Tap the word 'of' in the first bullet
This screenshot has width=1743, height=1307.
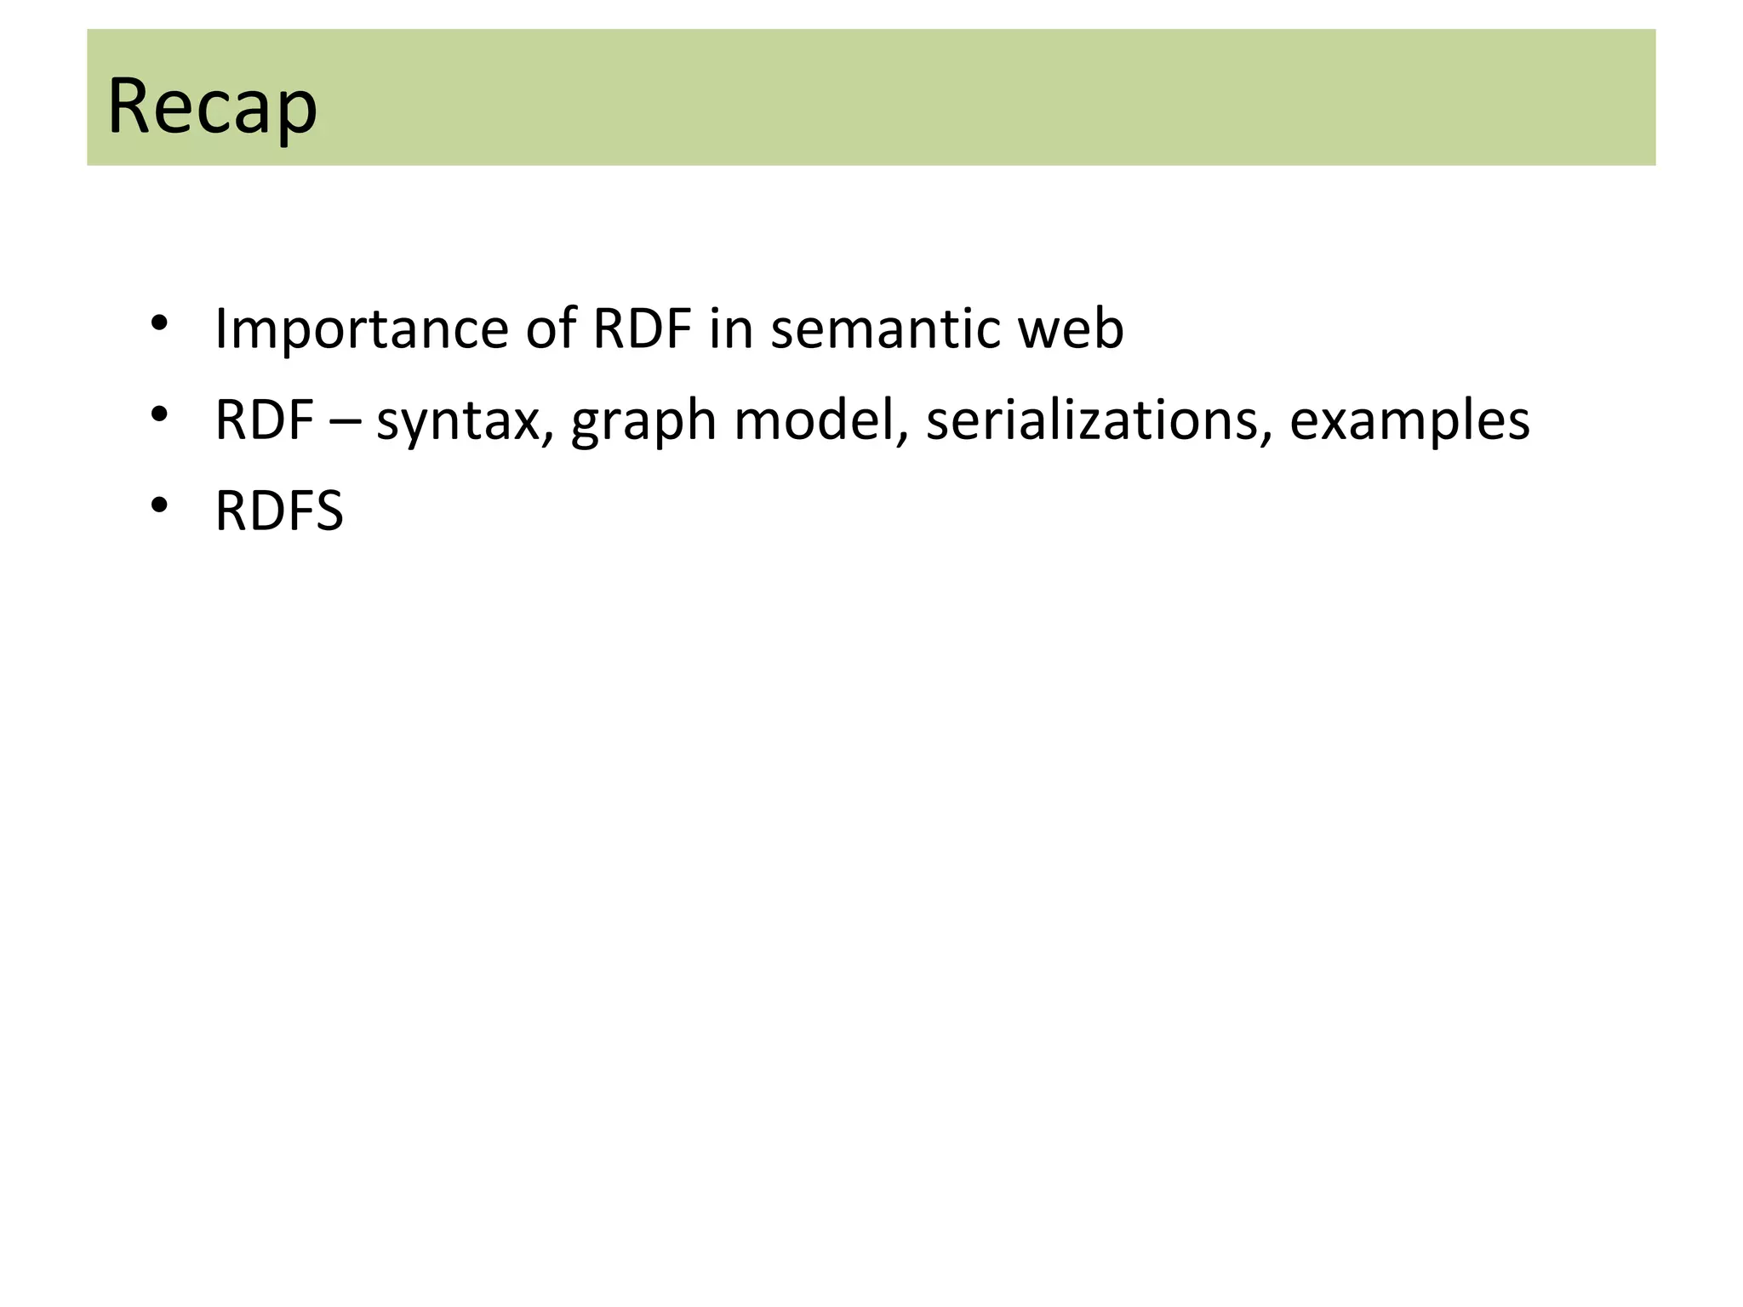click(x=551, y=329)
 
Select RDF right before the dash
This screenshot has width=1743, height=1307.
click(x=265, y=420)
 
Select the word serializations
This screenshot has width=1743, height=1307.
click(x=1092, y=420)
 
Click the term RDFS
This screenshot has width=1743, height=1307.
click(x=279, y=511)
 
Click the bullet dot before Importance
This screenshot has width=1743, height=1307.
click(x=159, y=323)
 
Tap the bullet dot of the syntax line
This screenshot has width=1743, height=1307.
click(x=159, y=414)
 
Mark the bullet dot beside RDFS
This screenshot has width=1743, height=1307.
click(x=159, y=505)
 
